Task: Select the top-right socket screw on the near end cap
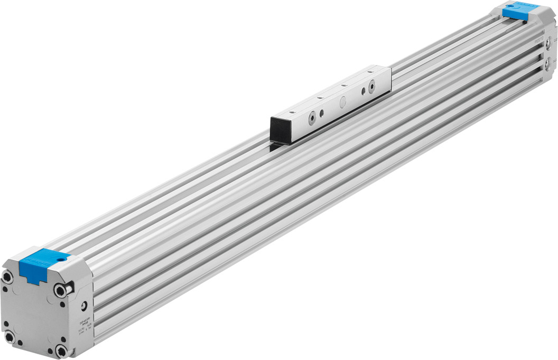pyautogui.click(x=61, y=289)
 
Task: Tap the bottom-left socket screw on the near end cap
pyautogui.click(x=10, y=336)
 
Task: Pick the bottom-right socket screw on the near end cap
pyautogui.click(x=62, y=350)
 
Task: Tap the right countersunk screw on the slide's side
pyautogui.click(x=372, y=85)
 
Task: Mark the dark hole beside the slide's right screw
pyautogui.click(x=363, y=90)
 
